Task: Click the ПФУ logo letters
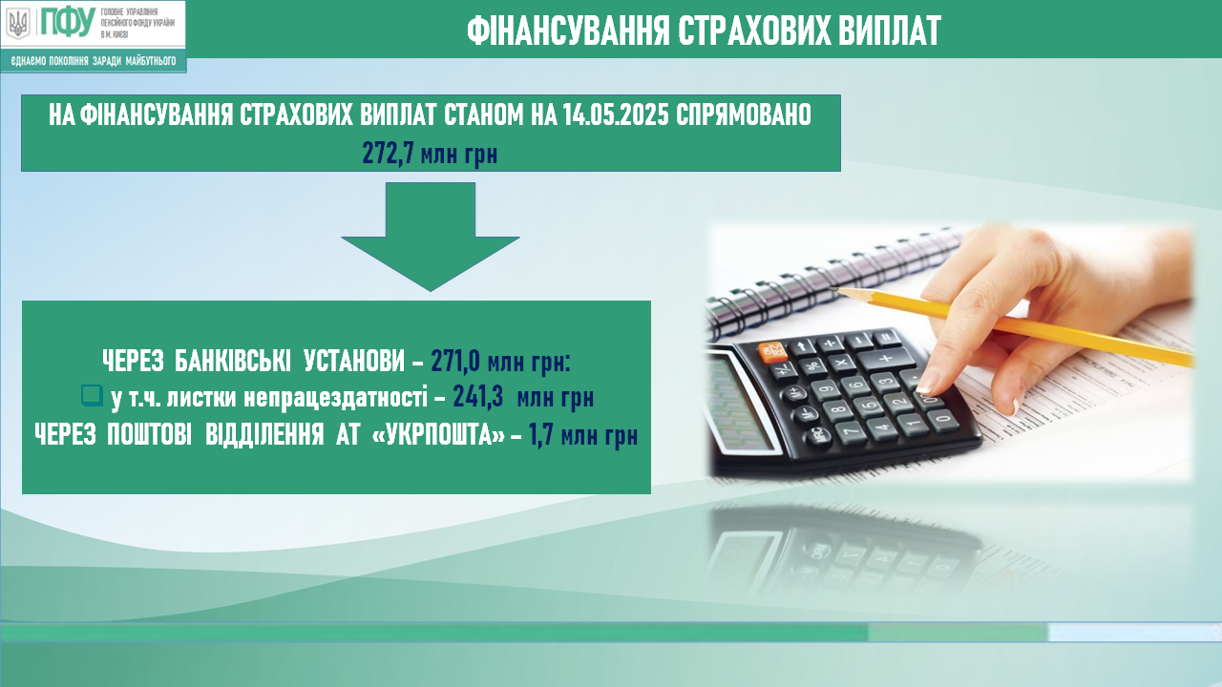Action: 68,22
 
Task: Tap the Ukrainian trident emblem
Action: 18,24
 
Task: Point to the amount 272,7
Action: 388,154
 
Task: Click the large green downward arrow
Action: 431,237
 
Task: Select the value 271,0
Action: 455,361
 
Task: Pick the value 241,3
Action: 478,398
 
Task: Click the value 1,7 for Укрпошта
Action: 541,435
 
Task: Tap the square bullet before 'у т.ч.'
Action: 92,395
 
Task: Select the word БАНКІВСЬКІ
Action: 233,361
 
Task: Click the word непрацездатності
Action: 335,398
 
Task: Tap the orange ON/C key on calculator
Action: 770,353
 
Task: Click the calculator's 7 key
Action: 851,432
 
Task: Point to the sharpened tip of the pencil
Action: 839,291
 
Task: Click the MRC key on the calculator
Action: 818,437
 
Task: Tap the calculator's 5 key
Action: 868,406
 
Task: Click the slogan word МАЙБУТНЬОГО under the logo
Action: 151,61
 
